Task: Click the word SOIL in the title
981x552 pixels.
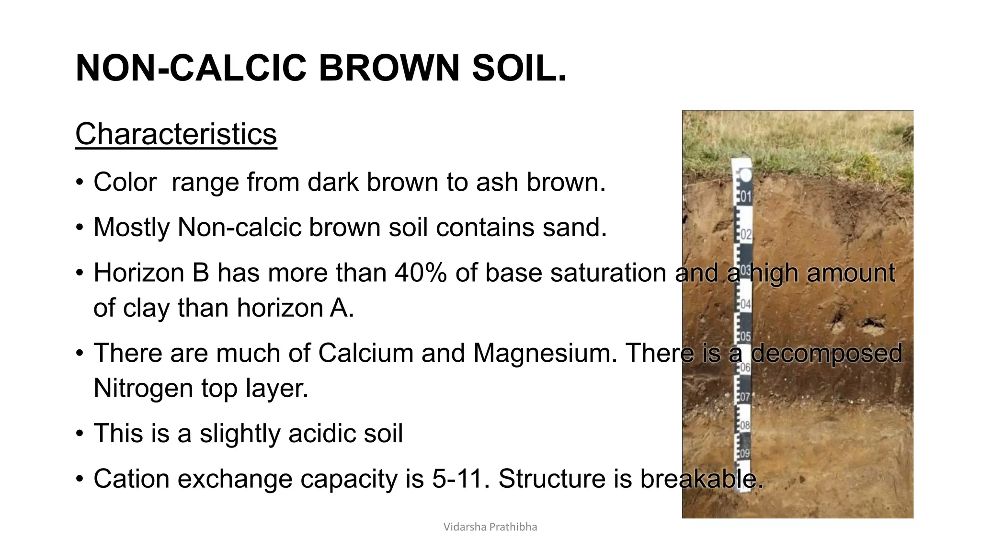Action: pos(519,68)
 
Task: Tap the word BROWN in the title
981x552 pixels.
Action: pos(389,68)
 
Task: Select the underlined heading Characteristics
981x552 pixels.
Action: pos(176,134)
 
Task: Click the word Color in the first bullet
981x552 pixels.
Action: pos(125,182)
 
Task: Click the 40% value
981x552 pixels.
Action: pos(421,273)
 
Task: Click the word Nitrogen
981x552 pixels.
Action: pos(143,388)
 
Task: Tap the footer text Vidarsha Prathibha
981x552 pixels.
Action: pos(490,527)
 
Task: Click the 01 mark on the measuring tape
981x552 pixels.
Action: pos(746,196)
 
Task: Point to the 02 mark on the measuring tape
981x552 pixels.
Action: pos(746,235)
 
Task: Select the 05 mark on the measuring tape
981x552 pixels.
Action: pos(745,336)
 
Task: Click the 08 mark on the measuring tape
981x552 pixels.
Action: pos(745,425)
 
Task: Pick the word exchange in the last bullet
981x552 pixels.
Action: pos(235,479)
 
